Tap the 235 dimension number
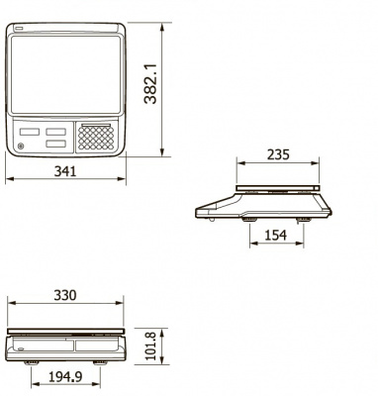[x=277, y=154]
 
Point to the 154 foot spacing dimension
[x=275, y=235]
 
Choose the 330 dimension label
[x=65, y=296]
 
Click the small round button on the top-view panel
[x=21, y=147]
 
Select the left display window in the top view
[x=30, y=130]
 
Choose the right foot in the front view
[x=101, y=362]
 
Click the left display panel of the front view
[x=40, y=346]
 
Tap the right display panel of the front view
[x=95, y=346]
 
